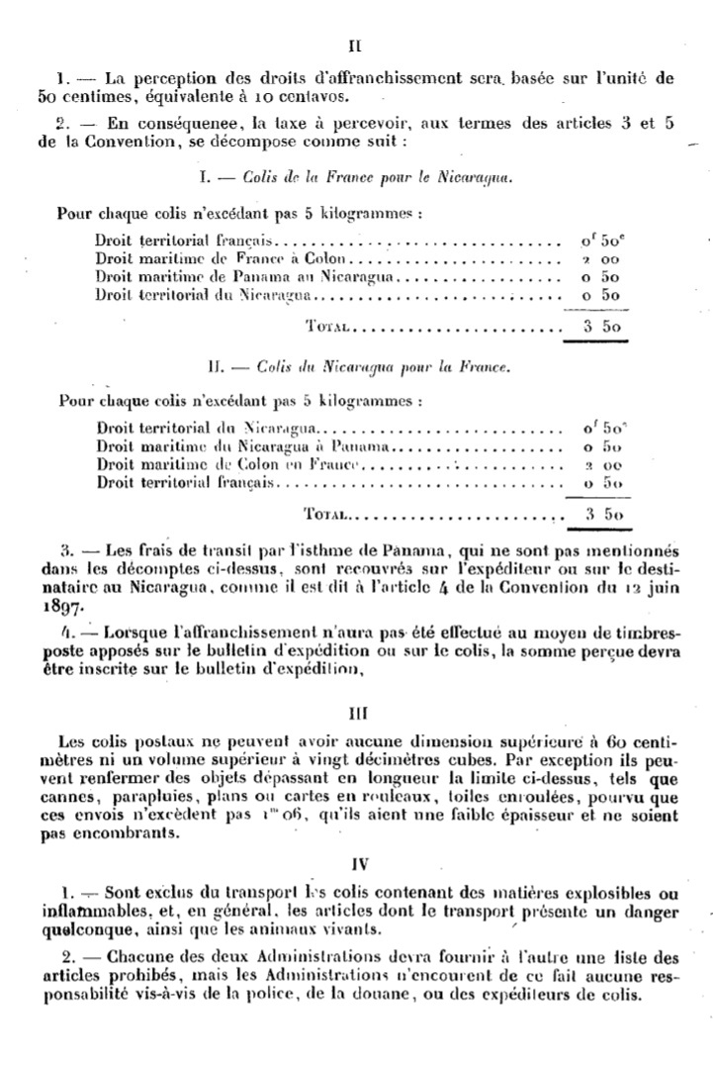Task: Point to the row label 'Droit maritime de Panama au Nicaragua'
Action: tap(243, 276)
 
